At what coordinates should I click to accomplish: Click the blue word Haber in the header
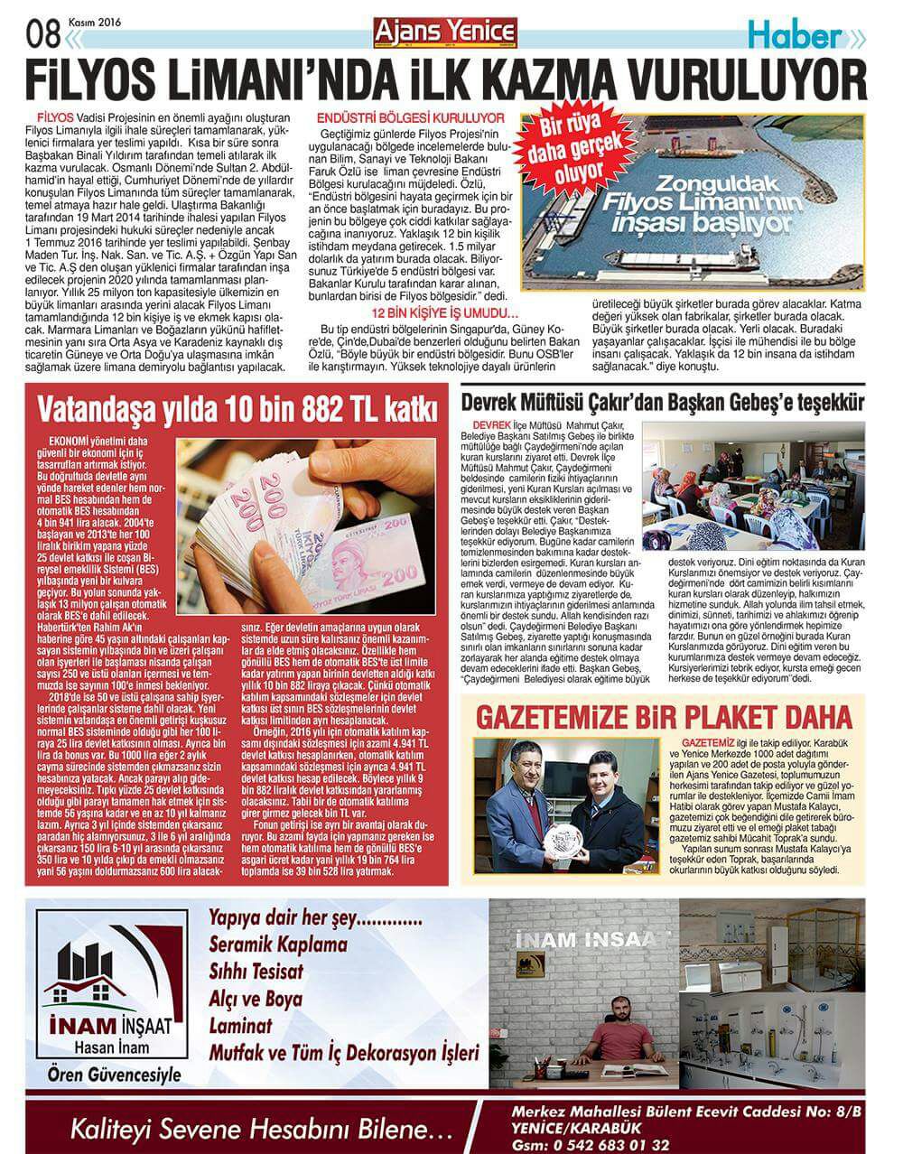click(x=794, y=37)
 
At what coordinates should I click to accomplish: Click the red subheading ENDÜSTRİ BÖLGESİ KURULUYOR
click(x=410, y=117)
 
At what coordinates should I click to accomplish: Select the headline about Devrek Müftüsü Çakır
click(x=662, y=403)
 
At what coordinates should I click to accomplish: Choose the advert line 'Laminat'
click(x=239, y=1026)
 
